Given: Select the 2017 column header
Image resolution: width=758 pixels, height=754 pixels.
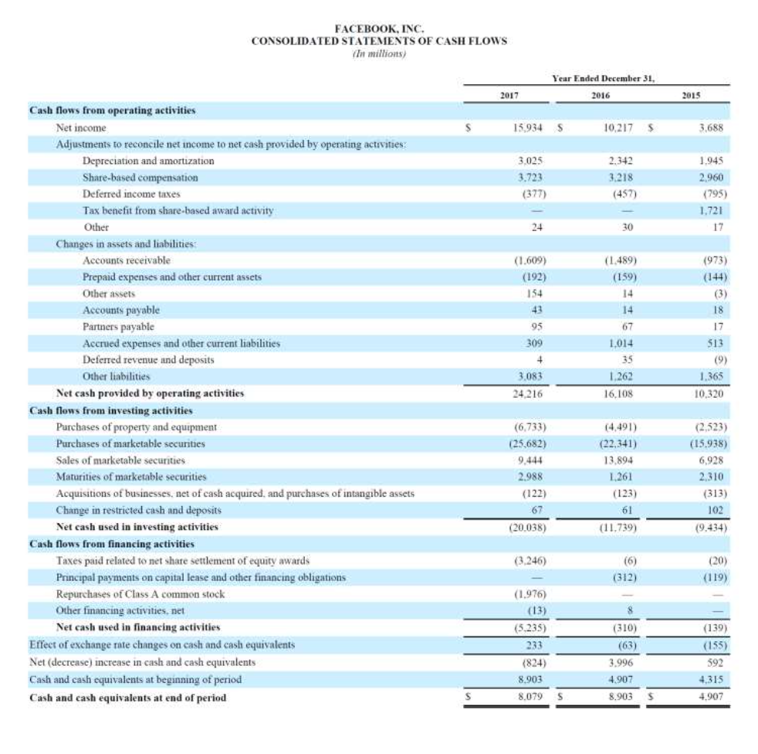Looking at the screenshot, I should [508, 95].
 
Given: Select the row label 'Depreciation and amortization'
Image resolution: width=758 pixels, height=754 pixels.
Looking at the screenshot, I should [148, 161].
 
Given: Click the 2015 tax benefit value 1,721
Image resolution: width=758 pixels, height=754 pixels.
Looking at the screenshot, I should [712, 210].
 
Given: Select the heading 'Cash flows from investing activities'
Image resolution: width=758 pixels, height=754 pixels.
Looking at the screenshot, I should [110, 410].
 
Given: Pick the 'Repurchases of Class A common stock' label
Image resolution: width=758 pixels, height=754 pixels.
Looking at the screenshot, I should [140, 594].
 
